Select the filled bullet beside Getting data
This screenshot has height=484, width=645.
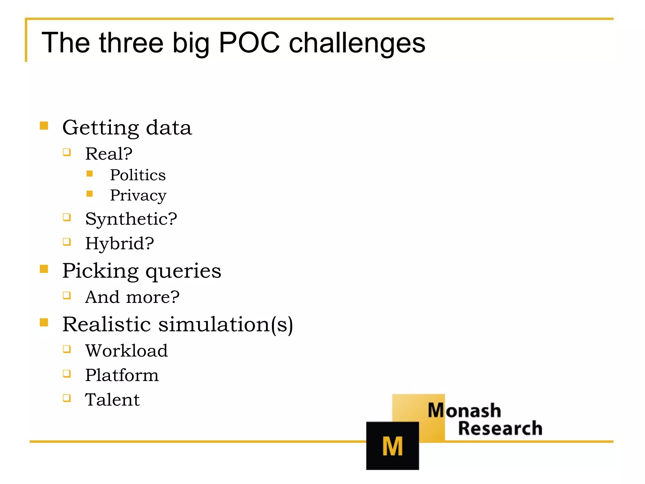point(44,126)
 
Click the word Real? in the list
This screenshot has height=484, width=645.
point(109,154)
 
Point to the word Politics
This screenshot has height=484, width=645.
point(138,175)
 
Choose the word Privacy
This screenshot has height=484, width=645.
point(138,195)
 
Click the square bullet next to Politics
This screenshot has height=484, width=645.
point(90,174)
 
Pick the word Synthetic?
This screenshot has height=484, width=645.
point(131,219)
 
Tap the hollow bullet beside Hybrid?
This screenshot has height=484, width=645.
point(66,242)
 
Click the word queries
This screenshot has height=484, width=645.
point(183,271)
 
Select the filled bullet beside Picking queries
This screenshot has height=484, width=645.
point(44,269)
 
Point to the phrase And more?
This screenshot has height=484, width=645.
point(132,297)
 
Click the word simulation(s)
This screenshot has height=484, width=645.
point(225,324)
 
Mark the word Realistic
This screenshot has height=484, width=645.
point(106,324)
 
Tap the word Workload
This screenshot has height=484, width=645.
point(127,350)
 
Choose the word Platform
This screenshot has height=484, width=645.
point(122,375)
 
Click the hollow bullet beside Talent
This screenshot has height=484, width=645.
point(66,398)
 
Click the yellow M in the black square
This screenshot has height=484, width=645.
point(392,446)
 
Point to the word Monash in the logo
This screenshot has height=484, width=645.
point(464,410)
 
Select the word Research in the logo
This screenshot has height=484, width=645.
point(500,428)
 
